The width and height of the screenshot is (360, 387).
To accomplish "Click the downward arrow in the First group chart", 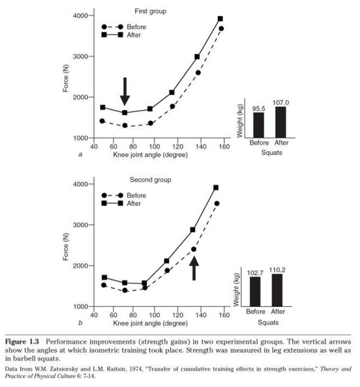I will tap(125, 91).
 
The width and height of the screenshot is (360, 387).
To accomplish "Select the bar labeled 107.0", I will tap(280, 122).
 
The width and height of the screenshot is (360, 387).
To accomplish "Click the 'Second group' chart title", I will tap(150, 179).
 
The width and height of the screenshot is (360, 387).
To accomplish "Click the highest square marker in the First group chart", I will tap(220, 19).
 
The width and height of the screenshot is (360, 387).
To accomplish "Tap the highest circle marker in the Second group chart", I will tap(217, 203).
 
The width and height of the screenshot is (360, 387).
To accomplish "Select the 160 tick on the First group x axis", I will tap(224, 147).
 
